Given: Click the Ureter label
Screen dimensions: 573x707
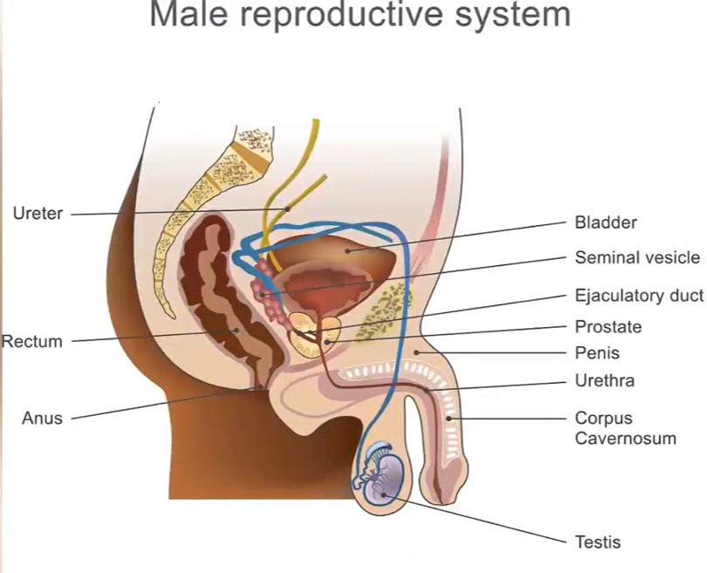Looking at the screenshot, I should click(38, 213).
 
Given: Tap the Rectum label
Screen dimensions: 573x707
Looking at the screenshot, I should click(32, 342).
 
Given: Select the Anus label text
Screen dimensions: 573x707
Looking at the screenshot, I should click(42, 418).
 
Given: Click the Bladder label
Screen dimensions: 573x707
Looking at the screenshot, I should click(606, 222).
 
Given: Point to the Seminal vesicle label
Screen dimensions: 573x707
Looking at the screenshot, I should click(637, 257).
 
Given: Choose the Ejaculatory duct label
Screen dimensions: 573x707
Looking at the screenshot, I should click(639, 296).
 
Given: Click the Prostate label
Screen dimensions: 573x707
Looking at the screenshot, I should click(608, 327).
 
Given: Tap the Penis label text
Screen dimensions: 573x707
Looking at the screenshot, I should click(597, 353).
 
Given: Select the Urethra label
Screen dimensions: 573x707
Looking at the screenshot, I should click(604, 380).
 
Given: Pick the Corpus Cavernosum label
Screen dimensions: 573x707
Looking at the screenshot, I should click(625, 427).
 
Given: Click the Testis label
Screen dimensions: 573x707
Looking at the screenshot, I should click(598, 542).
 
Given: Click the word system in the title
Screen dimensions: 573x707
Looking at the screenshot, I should click(513, 15).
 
